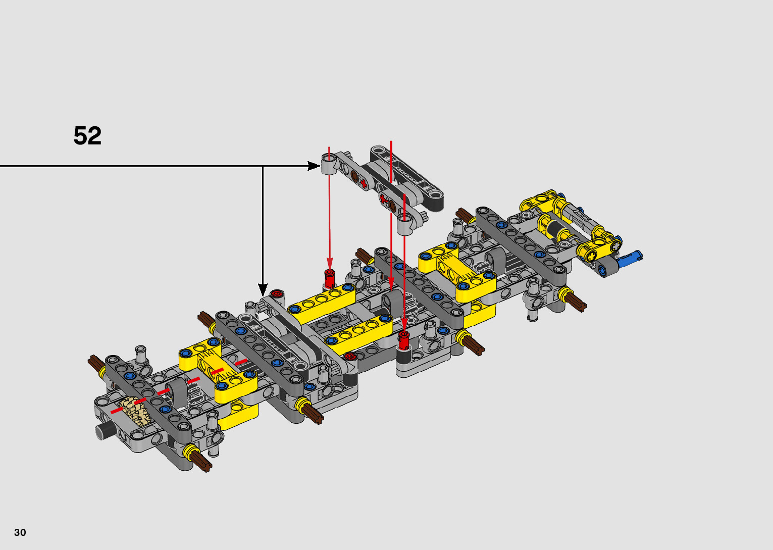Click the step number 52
coord(87,136)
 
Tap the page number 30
coord(20,532)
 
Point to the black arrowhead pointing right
coord(314,166)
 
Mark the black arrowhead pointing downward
coord(263,289)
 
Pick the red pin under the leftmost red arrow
coord(330,279)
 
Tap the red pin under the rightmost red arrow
coord(403,340)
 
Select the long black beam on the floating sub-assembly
coord(407,178)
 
